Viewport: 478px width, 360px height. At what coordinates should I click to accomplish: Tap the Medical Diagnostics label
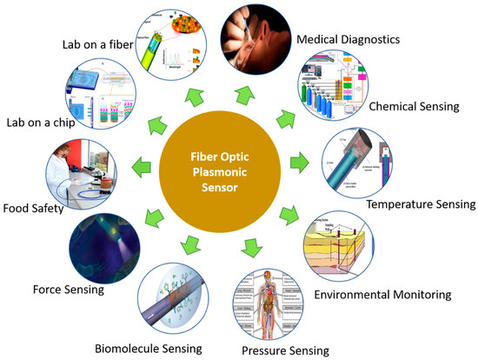(349, 40)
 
